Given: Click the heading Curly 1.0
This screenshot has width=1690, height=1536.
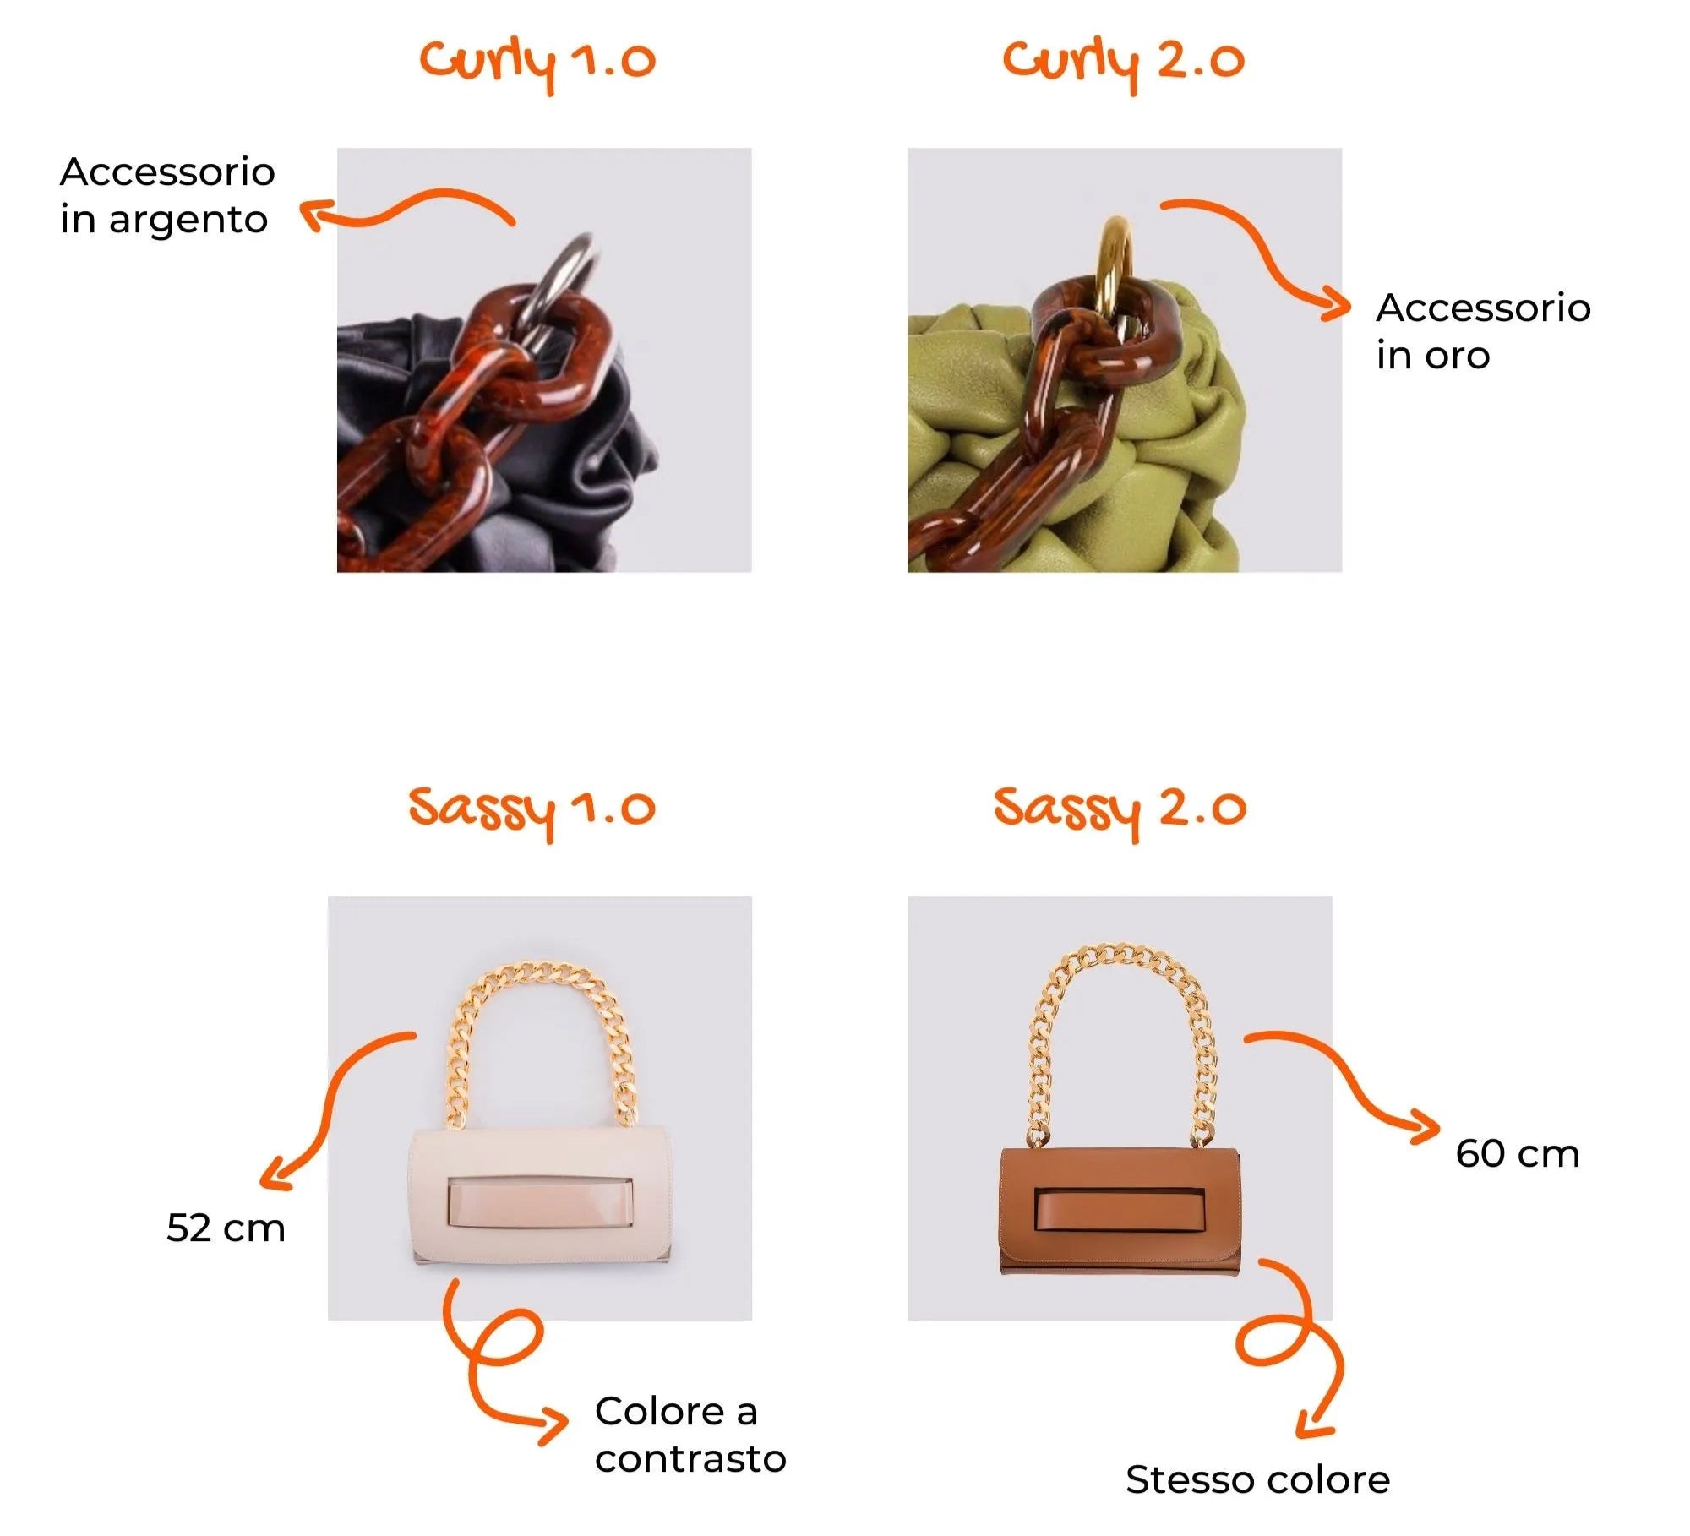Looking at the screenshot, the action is click(x=537, y=64).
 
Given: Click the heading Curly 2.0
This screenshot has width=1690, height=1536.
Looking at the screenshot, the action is click(x=1124, y=64).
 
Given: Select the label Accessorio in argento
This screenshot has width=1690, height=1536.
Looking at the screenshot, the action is click(x=167, y=196).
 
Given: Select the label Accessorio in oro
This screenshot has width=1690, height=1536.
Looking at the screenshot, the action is click(x=1483, y=331).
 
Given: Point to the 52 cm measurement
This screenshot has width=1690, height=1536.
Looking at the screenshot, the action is click(x=226, y=1228).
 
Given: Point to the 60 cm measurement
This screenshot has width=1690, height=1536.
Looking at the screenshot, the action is click(x=1518, y=1154).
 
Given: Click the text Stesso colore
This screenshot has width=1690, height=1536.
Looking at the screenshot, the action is click(x=1257, y=1480).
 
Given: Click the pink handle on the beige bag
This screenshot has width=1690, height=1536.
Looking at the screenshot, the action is click(x=541, y=1203).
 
